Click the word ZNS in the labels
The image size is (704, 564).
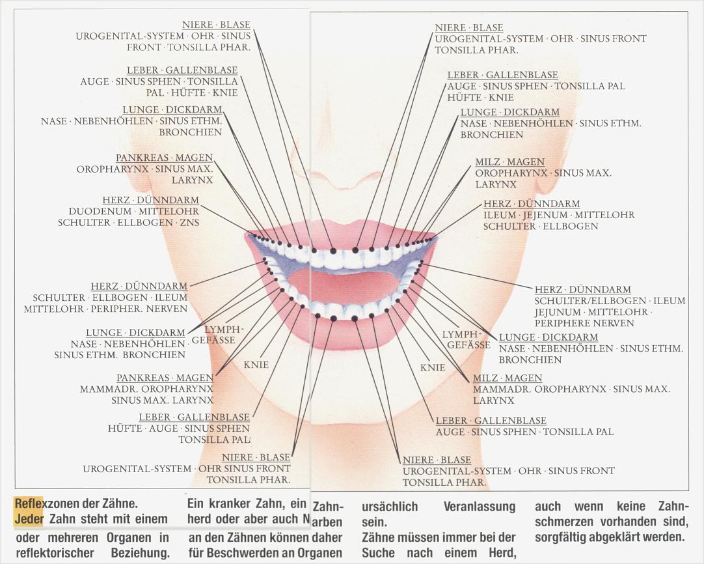tap(189, 223)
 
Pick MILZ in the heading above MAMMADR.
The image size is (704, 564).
tap(486, 378)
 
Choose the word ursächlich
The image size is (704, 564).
tap(390, 507)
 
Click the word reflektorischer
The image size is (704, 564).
tap(50, 553)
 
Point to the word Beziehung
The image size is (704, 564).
tap(141, 553)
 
